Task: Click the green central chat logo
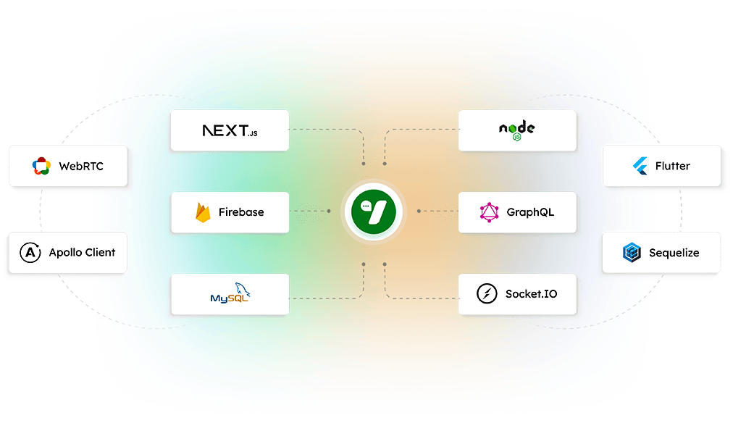point(374,211)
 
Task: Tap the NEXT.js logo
point(230,130)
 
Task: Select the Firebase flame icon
point(203,213)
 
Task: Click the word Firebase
point(241,212)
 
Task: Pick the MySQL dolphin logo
point(230,293)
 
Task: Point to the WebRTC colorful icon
point(41,166)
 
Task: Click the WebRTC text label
point(81,166)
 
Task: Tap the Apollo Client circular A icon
point(30,252)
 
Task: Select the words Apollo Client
point(83,252)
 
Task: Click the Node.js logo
point(517,130)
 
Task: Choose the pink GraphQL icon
point(490,212)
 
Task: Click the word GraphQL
point(531,212)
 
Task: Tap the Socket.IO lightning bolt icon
point(487,294)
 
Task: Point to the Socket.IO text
point(532,294)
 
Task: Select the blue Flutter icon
point(640,166)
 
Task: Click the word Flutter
point(673,166)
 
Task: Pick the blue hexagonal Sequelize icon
point(632,252)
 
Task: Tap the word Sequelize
point(674,253)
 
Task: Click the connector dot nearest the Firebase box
point(329,211)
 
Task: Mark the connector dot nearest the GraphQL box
point(419,211)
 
